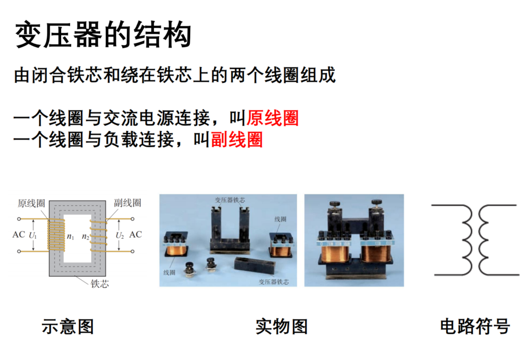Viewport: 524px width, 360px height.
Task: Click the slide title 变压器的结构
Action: click(103, 34)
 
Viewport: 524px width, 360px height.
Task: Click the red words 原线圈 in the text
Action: click(273, 118)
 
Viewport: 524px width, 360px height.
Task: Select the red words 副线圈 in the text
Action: click(236, 140)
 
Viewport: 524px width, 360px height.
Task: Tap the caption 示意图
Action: click(67, 326)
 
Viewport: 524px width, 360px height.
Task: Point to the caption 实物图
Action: click(281, 326)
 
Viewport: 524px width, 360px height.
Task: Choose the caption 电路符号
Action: click(474, 326)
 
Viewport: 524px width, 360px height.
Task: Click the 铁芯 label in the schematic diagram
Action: click(100, 284)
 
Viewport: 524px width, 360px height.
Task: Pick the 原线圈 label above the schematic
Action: click(31, 203)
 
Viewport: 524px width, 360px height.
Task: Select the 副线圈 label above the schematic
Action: click(127, 203)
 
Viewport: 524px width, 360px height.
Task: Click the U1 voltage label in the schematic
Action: click(33, 235)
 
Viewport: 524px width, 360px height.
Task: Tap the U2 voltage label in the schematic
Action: click(120, 235)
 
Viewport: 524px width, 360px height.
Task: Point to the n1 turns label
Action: click(70, 236)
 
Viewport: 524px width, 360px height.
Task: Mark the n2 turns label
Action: click(86, 236)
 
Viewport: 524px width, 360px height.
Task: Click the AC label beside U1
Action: click(19, 235)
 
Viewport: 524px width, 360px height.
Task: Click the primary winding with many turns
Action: click(57, 235)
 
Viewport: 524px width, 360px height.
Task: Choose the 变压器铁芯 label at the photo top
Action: click(230, 200)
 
